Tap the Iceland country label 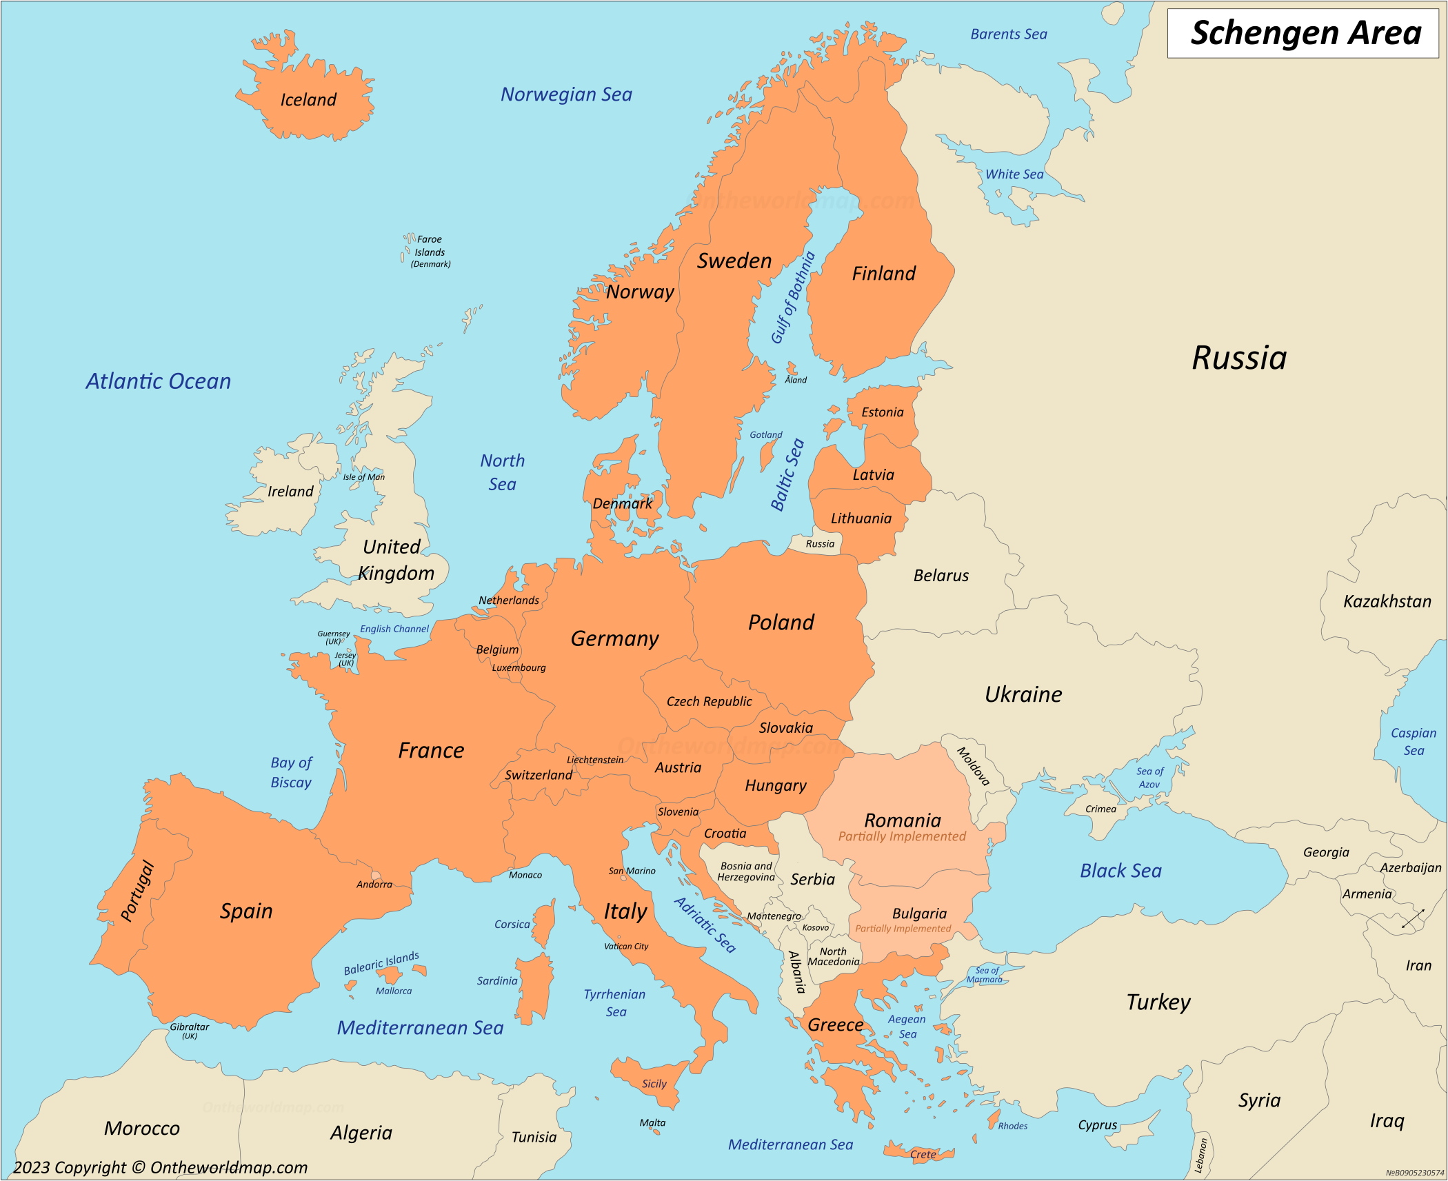308,100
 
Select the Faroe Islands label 430,252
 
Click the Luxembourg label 519,667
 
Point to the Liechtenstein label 595,760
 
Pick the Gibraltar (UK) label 190,1030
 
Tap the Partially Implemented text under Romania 902,836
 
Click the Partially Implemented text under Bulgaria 903,929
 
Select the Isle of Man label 364,476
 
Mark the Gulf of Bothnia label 792,298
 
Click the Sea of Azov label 1149,778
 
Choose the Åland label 796,380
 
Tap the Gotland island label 766,434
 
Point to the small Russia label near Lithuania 820,544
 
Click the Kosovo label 816,927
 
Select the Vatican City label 626,946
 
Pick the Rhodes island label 1012,1126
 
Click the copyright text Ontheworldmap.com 160,1167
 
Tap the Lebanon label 1200,1155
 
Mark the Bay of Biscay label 291,772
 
